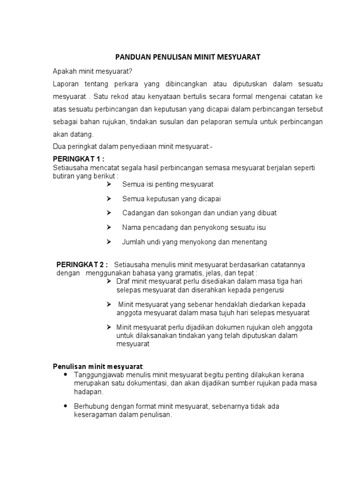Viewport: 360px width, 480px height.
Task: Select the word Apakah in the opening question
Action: click(x=64, y=71)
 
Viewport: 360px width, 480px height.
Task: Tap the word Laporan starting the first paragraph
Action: click(x=66, y=83)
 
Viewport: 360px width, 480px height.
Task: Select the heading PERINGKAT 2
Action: click(x=82, y=264)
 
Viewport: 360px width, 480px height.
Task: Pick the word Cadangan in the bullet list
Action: click(x=137, y=213)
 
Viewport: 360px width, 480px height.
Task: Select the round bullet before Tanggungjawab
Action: click(x=64, y=375)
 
